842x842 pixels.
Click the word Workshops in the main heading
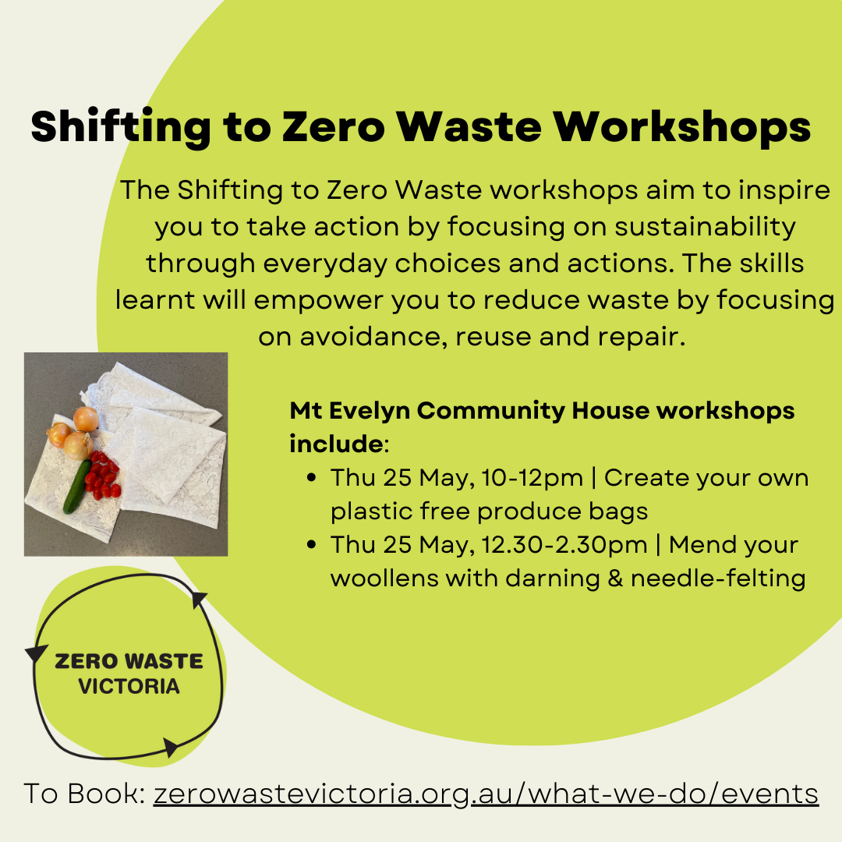(x=681, y=127)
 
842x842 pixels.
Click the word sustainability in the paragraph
(x=705, y=227)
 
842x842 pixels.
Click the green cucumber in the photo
(x=76, y=486)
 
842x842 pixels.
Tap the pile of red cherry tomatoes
(x=103, y=476)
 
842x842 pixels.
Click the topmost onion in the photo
(x=86, y=419)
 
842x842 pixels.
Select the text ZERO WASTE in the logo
(x=129, y=661)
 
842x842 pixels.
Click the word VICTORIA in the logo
(x=129, y=686)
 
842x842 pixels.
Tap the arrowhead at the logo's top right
(x=199, y=598)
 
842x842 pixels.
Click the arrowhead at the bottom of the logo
(x=171, y=747)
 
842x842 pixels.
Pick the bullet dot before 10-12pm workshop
(x=311, y=477)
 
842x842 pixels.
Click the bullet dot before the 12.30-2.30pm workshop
(x=311, y=544)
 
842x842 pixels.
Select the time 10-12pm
(x=532, y=479)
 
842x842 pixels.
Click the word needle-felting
(x=718, y=578)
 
